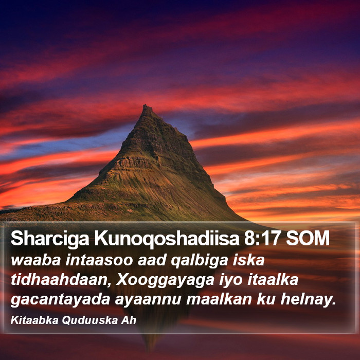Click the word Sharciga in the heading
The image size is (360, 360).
50,239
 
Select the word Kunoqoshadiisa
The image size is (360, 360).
167,239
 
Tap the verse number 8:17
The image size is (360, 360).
263,238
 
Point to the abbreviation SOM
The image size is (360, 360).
308,238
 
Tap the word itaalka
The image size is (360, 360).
273,279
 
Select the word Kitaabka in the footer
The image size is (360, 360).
34,320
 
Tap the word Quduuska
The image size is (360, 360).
90,320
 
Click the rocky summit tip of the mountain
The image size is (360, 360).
146,106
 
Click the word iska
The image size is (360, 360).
248,260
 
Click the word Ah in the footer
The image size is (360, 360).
129,320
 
